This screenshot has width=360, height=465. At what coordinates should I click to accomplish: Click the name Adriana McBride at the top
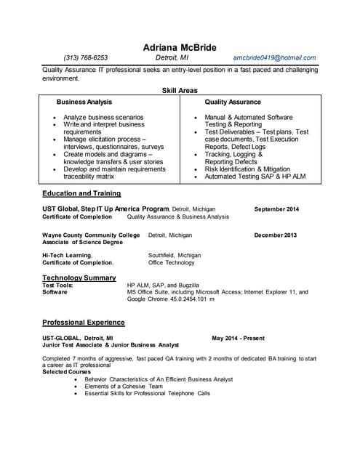180,48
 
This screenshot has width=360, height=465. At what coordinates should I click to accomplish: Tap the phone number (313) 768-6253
86,57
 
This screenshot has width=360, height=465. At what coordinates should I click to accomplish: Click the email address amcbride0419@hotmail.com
275,57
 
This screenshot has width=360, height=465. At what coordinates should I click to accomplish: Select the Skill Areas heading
180,90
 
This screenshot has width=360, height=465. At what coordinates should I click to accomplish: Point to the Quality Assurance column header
233,102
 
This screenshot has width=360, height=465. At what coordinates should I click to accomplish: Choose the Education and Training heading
81,193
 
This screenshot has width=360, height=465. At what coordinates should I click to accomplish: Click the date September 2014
276,209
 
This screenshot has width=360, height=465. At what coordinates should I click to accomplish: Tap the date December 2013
276,235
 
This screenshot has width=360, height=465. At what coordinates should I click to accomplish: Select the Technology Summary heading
79,278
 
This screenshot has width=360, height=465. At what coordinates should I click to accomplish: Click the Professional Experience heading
84,322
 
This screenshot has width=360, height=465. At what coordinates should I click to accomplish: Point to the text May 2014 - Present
239,339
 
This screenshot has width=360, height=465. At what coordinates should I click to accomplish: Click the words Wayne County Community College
91,235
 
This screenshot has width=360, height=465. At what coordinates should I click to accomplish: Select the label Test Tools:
57,286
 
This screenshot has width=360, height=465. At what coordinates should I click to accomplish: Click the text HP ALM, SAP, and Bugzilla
162,286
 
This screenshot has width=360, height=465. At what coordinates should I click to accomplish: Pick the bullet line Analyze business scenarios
103,117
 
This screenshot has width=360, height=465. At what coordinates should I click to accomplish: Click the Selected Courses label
67,372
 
